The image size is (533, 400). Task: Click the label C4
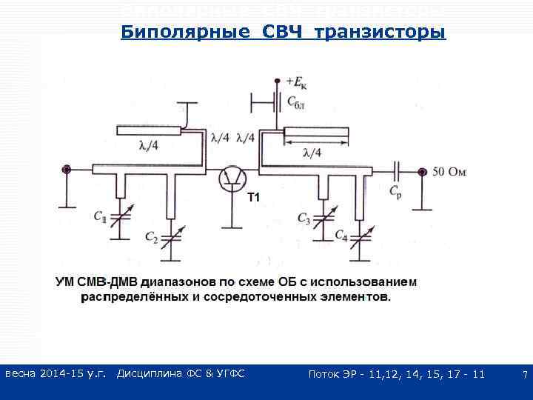341,236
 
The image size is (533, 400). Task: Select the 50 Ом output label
449,172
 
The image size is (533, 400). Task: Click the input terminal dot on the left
67,170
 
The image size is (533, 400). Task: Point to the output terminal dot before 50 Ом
421,172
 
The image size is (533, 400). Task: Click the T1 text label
254,197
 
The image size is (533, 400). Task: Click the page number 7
524,375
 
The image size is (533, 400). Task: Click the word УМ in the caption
64,282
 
